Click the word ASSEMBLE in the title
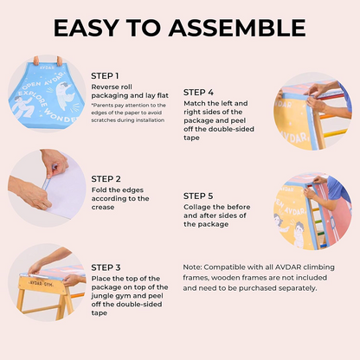(237, 28)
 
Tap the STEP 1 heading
(105, 76)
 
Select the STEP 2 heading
(106, 179)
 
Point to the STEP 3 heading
(106, 267)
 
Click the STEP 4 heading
(198, 93)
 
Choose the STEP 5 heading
(198, 196)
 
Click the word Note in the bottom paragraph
(192, 267)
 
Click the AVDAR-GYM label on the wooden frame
(41, 284)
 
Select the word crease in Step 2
(103, 208)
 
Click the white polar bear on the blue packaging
(65, 96)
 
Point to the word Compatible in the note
(224, 267)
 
